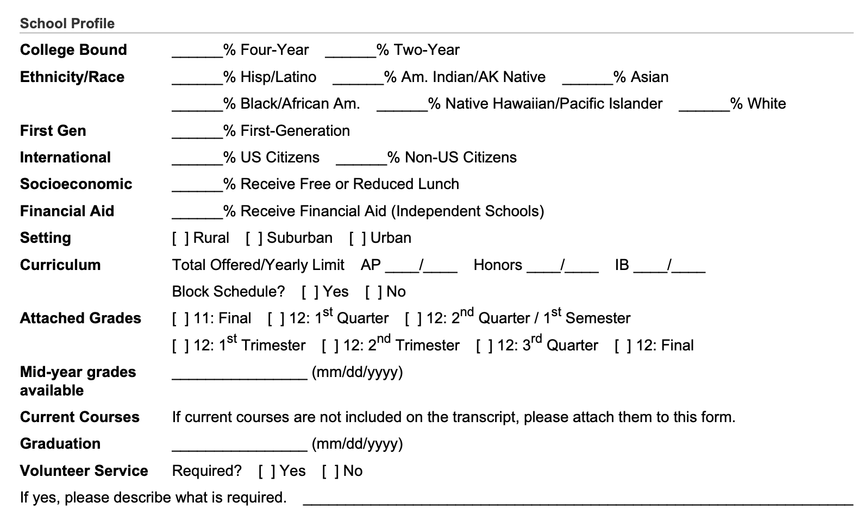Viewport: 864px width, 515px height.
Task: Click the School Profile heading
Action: click(67, 23)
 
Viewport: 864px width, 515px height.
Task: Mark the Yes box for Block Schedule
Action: click(310, 292)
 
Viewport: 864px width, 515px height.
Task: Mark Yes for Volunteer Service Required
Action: click(267, 471)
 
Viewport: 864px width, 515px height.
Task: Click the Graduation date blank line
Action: click(240, 445)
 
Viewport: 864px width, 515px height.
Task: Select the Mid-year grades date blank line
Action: click(240, 374)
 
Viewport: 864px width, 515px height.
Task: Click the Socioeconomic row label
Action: click(76, 184)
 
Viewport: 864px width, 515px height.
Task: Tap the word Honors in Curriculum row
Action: click(498, 265)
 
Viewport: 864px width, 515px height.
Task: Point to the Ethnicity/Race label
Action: click(72, 77)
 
